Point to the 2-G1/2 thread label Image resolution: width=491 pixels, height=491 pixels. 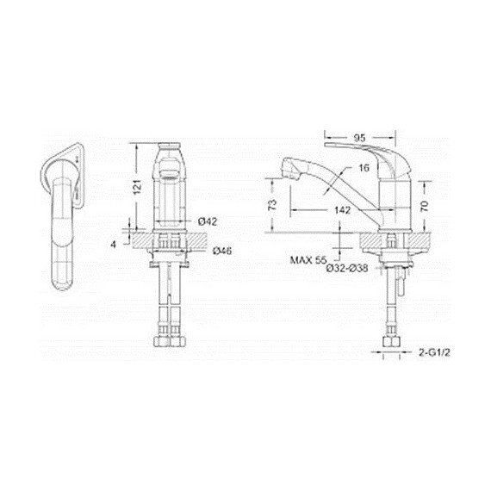coord(435,353)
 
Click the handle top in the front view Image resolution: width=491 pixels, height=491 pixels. coord(169,150)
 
